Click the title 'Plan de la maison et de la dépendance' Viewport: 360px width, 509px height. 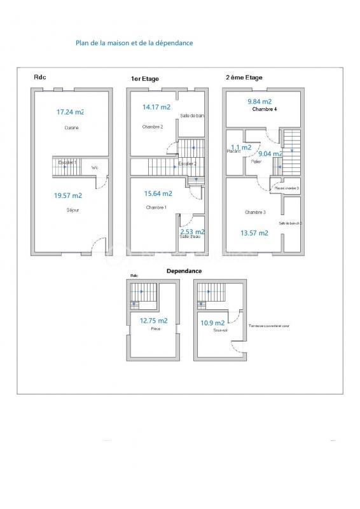134,43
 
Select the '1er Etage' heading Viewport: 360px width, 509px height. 144,79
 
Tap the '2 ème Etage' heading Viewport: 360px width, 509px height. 244,78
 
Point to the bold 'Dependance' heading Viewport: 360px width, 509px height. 184,271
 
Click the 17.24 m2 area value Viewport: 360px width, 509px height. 70,112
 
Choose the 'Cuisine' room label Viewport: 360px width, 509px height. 71,128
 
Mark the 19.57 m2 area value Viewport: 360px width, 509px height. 68,196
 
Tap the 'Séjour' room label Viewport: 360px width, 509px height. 73,209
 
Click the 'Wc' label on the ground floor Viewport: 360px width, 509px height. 95,168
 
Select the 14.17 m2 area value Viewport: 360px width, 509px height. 156,108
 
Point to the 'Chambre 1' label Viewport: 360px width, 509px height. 156,207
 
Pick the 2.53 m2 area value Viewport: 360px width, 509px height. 192,232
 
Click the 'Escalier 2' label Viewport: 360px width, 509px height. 186,164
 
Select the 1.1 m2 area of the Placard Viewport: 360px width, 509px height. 240,147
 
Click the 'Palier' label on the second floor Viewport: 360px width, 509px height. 256,162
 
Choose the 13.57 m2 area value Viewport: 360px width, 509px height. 254,233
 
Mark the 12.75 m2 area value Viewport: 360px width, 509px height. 153,321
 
